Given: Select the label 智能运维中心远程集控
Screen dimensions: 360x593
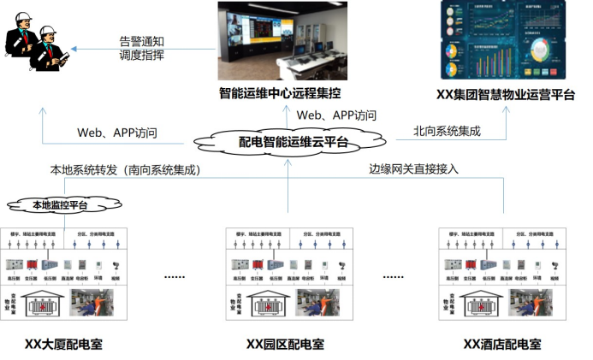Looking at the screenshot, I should click(x=288, y=92).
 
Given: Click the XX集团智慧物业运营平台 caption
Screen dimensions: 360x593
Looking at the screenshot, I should click(x=504, y=94).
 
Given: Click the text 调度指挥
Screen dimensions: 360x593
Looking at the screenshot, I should click(x=140, y=56).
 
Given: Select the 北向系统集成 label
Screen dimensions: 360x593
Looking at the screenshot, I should click(x=447, y=131).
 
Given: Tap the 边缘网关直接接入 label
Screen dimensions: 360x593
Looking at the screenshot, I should click(x=413, y=168).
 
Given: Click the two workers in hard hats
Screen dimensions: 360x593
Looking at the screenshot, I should click(x=39, y=48).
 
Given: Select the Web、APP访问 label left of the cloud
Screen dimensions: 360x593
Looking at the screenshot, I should click(x=117, y=133).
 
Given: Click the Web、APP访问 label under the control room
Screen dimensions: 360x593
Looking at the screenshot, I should click(x=336, y=115).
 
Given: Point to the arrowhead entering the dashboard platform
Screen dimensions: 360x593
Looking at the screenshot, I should click(x=504, y=109).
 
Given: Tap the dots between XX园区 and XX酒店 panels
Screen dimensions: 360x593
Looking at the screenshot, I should click(x=394, y=277).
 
